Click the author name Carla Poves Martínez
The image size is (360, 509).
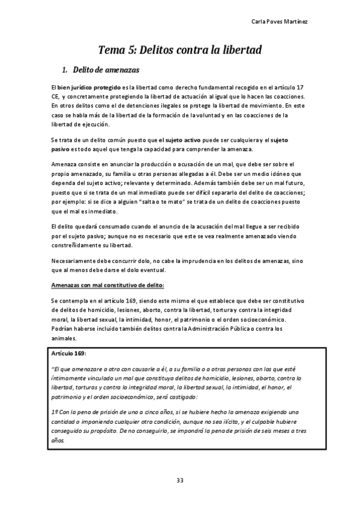pyautogui.click(x=305, y=22)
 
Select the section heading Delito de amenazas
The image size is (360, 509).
pyautogui.click(x=105, y=70)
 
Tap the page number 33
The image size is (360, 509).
pyautogui.click(x=179, y=479)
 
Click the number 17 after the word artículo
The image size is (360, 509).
pyautogui.click(x=302, y=88)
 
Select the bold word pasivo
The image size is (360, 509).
pyautogui.click(x=62, y=149)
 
